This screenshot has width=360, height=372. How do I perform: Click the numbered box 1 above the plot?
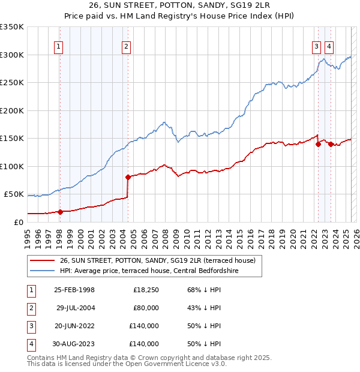(x=59, y=46)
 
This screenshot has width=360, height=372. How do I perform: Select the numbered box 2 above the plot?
(x=126, y=46)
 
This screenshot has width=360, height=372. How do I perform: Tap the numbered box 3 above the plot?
(x=316, y=46)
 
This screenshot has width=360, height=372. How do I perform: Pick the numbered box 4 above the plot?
(x=329, y=46)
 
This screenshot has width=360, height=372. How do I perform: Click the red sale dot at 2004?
(x=128, y=177)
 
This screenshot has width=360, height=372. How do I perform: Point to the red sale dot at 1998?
(x=60, y=211)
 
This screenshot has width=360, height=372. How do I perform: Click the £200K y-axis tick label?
(x=12, y=110)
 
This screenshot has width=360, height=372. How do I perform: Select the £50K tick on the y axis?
(x=14, y=194)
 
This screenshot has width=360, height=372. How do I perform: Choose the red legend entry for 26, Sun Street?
(x=158, y=260)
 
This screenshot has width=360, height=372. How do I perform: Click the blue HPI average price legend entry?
(x=157, y=271)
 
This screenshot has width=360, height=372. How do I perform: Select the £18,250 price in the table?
(x=146, y=290)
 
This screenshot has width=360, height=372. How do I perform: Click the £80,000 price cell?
(x=146, y=308)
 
